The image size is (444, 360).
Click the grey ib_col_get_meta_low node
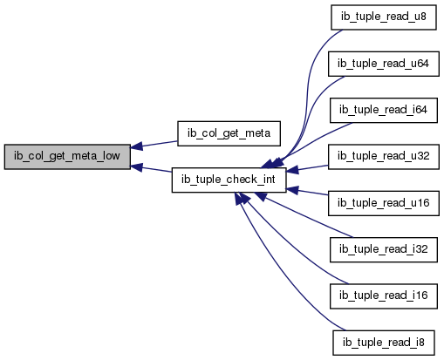point(67,156)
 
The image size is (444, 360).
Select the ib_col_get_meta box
point(229,133)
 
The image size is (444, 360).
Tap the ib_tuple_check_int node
point(229,180)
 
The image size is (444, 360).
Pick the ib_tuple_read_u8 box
point(384,17)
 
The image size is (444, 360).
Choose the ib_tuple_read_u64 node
point(384,64)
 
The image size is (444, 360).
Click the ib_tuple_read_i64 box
point(384,110)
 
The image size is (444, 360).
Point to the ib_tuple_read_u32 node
point(384,156)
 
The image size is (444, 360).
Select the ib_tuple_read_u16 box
point(384,203)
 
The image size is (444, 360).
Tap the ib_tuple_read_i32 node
point(384,249)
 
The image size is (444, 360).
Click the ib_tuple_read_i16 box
point(384,295)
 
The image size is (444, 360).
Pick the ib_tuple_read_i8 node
point(384,343)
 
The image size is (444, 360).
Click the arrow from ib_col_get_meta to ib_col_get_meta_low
point(154,144)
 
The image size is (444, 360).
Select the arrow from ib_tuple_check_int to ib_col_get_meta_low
point(151,169)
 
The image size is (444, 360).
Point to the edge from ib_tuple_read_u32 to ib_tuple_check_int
point(307,168)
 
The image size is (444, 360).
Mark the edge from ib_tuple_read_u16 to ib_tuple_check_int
point(307,192)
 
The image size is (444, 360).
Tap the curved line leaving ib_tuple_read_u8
point(307,87)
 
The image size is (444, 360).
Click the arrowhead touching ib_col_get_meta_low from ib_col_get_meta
point(136,146)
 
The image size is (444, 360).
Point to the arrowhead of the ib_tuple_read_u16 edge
point(292,190)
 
